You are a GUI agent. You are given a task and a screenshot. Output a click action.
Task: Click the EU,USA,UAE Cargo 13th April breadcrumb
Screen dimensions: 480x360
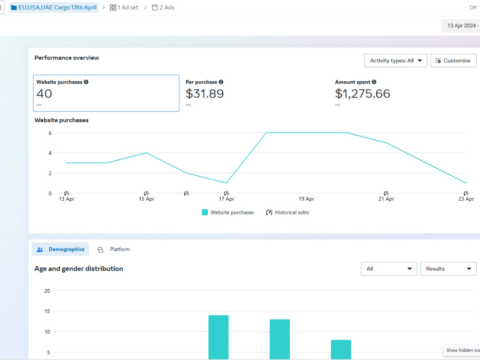pyautogui.click(x=54, y=7)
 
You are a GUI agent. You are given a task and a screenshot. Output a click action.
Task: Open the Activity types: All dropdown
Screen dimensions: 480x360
pyautogui.click(x=396, y=60)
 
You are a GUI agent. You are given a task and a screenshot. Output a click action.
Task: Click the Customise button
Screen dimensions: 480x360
pyautogui.click(x=453, y=60)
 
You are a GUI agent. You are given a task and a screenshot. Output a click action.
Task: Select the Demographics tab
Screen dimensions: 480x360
pyautogui.click(x=60, y=249)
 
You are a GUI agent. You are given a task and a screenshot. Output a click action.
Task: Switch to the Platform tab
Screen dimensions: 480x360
pyautogui.click(x=114, y=249)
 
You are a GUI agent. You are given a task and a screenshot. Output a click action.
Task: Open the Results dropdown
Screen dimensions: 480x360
pyautogui.click(x=448, y=269)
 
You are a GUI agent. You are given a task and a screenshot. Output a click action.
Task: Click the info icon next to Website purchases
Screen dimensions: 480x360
pyautogui.click(x=86, y=82)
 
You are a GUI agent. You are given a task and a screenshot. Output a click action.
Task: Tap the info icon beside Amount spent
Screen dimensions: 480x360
pyautogui.click(x=374, y=82)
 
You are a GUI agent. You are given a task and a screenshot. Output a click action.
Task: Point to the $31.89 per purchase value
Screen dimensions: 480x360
pyautogui.click(x=205, y=94)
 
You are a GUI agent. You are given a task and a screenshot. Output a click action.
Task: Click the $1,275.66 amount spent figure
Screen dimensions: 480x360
pyautogui.click(x=362, y=94)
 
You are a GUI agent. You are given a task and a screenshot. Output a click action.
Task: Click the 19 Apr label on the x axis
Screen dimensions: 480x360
pyautogui.click(x=306, y=199)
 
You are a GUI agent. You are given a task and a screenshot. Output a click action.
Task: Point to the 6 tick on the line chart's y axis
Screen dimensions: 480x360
pyautogui.click(x=50, y=133)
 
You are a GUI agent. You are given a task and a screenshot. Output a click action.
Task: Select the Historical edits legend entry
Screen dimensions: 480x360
pyautogui.click(x=288, y=213)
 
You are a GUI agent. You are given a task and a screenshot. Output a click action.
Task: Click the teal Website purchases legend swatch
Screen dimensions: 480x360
pyautogui.click(x=205, y=213)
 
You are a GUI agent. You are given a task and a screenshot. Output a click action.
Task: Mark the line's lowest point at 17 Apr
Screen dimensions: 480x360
pyautogui.click(x=226, y=183)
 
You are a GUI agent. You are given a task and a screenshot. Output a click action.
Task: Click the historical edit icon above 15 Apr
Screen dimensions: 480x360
pyautogui.click(x=146, y=193)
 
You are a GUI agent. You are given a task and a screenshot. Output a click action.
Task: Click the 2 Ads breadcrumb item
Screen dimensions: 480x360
pyautogui.click(x=163, y=7)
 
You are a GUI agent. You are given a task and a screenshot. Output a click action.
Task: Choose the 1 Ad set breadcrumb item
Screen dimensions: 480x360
pyautogui.click(x=124, y=7)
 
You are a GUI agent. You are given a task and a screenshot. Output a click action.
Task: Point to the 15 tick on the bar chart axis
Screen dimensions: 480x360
pyautogui.click(x=47, y=311)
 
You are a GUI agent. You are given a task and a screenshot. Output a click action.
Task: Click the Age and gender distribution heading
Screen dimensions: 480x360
pyautogui.click(x=79, y=269)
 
